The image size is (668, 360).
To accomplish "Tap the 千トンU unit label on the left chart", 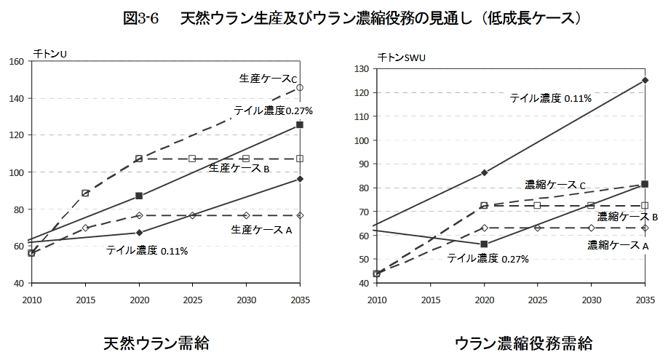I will pos(50,53).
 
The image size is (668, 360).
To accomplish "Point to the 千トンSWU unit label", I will pos(400,56).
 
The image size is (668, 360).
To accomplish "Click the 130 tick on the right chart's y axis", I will pos(360,68).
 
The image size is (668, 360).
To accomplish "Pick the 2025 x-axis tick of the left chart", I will pos(192,299).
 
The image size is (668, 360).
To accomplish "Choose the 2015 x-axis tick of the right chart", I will pos(430,299).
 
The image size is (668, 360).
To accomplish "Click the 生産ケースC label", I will pos(269,78).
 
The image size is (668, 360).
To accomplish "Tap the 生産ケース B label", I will pos(239,168).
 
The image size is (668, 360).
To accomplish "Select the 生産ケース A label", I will pos(261,230).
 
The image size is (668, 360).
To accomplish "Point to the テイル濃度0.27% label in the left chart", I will pos(273,111).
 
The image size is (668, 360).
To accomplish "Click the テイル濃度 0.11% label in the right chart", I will pos(550,97).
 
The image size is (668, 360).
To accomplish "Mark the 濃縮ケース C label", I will pos(555,185).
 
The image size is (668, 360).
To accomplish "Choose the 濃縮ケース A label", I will pos(618,245).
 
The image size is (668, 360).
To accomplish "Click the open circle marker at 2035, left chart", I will pos(300,87).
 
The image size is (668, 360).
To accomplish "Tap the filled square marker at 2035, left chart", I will pos(300,125).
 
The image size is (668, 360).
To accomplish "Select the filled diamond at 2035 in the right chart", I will pos(645,80).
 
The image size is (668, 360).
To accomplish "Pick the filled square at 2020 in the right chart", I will pos(484,244).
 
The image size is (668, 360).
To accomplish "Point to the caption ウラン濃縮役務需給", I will pos(523,343).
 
